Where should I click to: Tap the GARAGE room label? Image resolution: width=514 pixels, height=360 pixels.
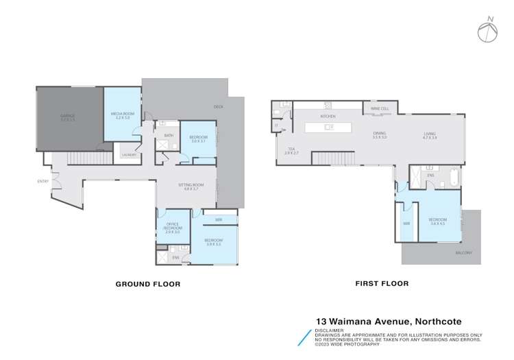coord(66,115)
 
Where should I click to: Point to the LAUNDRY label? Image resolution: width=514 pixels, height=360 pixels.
coord(130,155)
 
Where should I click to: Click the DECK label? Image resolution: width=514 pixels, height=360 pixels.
coord(219,106)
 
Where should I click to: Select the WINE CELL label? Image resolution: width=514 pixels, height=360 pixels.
coord(380,109)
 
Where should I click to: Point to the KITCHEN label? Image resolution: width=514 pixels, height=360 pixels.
coord(328,117)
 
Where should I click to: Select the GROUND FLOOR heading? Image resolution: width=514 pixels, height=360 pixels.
coord(147,283)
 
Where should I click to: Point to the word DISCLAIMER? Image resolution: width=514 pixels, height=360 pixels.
coord(330,330)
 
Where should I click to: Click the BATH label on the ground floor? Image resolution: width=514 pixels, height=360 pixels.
coord(169,135)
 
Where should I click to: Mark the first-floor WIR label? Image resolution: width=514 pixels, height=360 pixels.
coord(406,224)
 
